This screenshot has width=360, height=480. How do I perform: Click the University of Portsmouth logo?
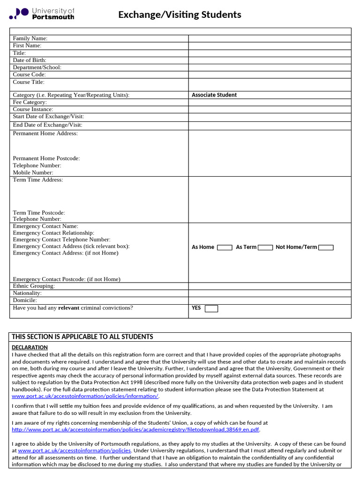pyautogui.click(x=42, y=14)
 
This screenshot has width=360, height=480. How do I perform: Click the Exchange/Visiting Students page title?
pyautogui.click(x=180, y=15)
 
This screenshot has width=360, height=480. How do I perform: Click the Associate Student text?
pyautogui.click(x=214, y=95)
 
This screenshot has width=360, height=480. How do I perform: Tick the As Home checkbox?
pyautogui.click(x=225, y=247)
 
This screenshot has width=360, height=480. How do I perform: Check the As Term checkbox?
pyautogui.click(x=265, y=247)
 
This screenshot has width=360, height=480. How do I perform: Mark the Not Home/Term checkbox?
pyautogui.click(x=326, y=247)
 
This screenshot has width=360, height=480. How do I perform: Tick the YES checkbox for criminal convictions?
pyautogui.click(x=211, y=308)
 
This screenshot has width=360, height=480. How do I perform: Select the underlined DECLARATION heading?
pyautogui.click(x=30, y=347)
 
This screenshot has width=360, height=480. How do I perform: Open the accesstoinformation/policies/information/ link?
pyautogui.click(x=85, y=396)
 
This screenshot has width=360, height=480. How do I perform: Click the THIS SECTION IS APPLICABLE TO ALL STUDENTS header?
pyautogui.click(x=82, y=337)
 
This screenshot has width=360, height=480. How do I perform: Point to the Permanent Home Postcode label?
pyautogui.click(x=46, y=158)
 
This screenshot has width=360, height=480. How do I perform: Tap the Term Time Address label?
pyautogui.click(x=37, y=180)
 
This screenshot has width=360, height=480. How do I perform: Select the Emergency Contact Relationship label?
pyautogui.click(x=53, y=233)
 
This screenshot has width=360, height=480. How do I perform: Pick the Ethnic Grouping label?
pyautogui.click(x=34, y=286)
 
